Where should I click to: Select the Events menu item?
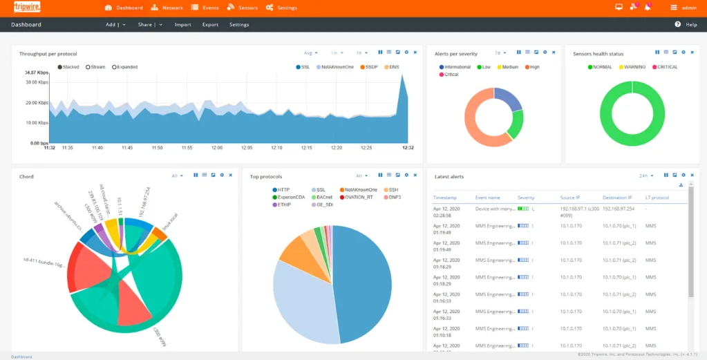tap(207, 8)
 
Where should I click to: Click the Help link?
tap(690, 24)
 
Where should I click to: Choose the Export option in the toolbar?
tap(210, 24)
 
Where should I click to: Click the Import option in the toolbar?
tap(182, 24)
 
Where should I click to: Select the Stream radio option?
tap(95, 67)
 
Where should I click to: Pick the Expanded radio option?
tap(124, 67)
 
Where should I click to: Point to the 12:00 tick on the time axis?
tap(217, 147)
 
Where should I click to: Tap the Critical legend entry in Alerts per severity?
tap(449, 75)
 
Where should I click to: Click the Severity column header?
tap(526, 198)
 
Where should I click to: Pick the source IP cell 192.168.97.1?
tap(574, 207)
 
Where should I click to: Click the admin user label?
tap(689, 8)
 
